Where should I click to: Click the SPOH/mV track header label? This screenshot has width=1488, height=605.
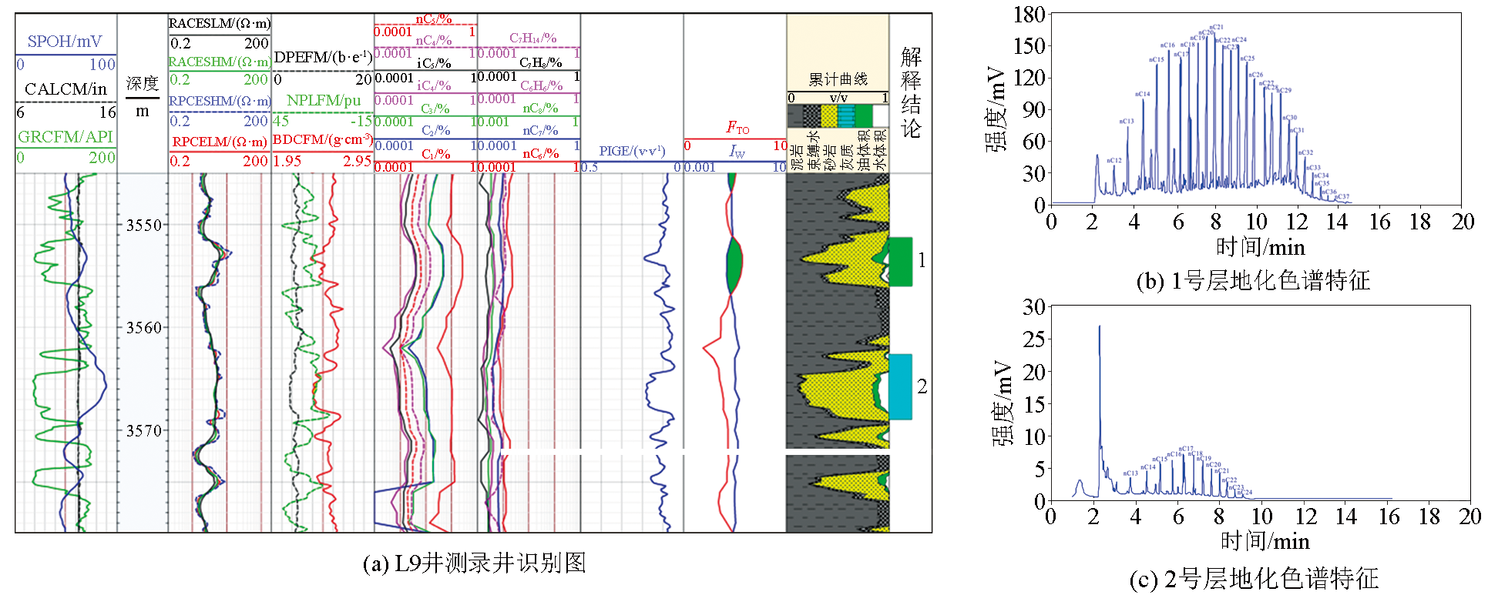pos(65,42)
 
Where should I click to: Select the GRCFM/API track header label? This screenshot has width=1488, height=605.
pos(65,137)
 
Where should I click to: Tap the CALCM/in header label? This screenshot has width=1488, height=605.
pos(65,89)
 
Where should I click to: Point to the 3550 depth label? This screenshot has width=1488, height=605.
pos(144,226)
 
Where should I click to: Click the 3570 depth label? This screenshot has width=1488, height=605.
pos(144,431)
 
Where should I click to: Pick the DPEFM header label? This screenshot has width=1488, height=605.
pos(323,57)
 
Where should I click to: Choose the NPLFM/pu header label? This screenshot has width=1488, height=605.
pos(324,101)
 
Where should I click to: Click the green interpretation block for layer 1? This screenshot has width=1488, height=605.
pos(900,262)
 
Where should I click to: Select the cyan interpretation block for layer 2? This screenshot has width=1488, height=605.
pos(900,386)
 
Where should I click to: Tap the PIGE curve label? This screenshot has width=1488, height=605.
pos(632,151)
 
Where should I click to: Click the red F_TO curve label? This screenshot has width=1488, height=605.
pos(737,128)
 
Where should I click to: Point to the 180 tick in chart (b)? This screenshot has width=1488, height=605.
pos(1030,15)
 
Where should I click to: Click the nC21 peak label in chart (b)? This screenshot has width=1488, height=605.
pos(1216,28)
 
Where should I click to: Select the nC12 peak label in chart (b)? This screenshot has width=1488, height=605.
pos(1114,160)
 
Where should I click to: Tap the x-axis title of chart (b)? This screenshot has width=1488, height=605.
pos(1260,247)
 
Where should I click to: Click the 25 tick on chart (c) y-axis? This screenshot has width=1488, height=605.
pos(1033,339)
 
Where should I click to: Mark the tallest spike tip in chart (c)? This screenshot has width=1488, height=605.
pos(1100,326)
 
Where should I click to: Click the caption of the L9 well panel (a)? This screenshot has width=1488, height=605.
pos(474,563)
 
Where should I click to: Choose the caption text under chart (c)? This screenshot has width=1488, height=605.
pos(1254,579)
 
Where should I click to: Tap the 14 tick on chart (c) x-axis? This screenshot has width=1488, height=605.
pos(1346,516)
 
